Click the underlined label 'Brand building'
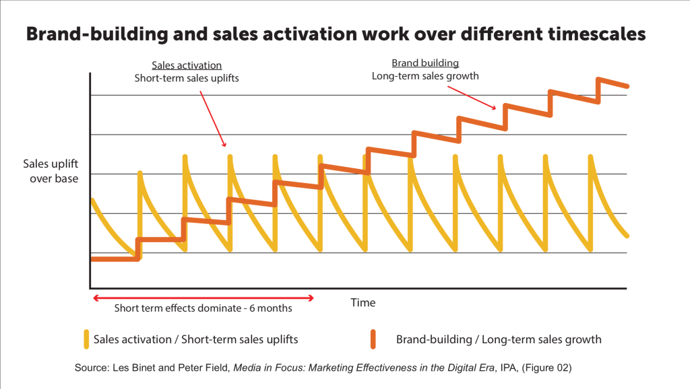coord(425,63)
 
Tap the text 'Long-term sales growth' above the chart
coord(425,76)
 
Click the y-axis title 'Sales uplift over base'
coord(51,171)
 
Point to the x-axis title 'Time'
coord(363,303)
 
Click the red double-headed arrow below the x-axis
coord(203,297)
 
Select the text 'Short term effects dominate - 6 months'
coord(203,310)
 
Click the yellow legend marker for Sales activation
coord(86,339)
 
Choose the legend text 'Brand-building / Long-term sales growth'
coord(499,339)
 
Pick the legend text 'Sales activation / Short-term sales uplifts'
coord(196,339)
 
